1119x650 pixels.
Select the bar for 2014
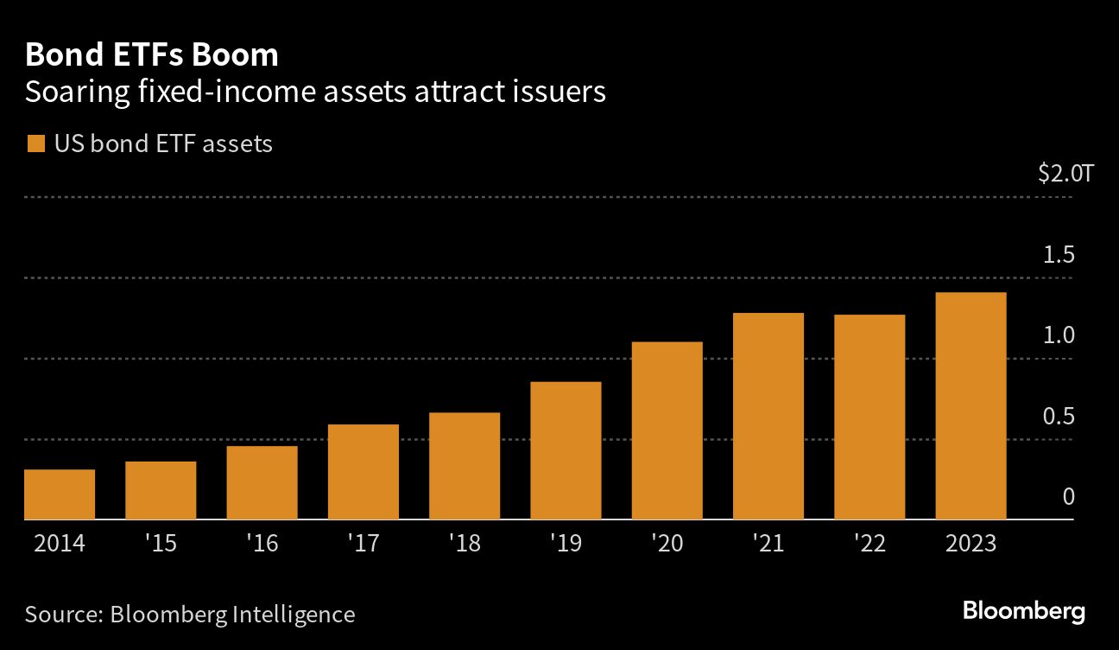pyautogui.click(x=60, y=494)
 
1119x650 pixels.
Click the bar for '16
pyautogui.click(x=262, y=482)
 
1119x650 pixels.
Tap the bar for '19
pyautogui.click(x=566, y=450)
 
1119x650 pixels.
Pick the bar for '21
pyautogui.click(x=768, y=416)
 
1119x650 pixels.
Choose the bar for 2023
pyautogui.click(x=970, y=406)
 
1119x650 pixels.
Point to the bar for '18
pyautogui.click(x=465, y=466)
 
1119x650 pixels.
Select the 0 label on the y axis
pyautogui.click(x=1068, y=497)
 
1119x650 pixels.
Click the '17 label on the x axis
pyautogui.click(x=364, y=545)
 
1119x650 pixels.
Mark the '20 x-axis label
pyautogui.click(x=667, y=545)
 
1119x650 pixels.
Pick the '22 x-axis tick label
pyautogui.click(x=869, y=545)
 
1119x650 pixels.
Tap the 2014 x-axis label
pyautogui.click(x=59, y=545)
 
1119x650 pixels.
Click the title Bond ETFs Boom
pyautogui.click(x=151, y=55)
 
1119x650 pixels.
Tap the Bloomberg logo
pyautogui.click(x=1024, y=612)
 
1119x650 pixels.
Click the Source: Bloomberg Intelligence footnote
pyautogui.click(x=190, y=615)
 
